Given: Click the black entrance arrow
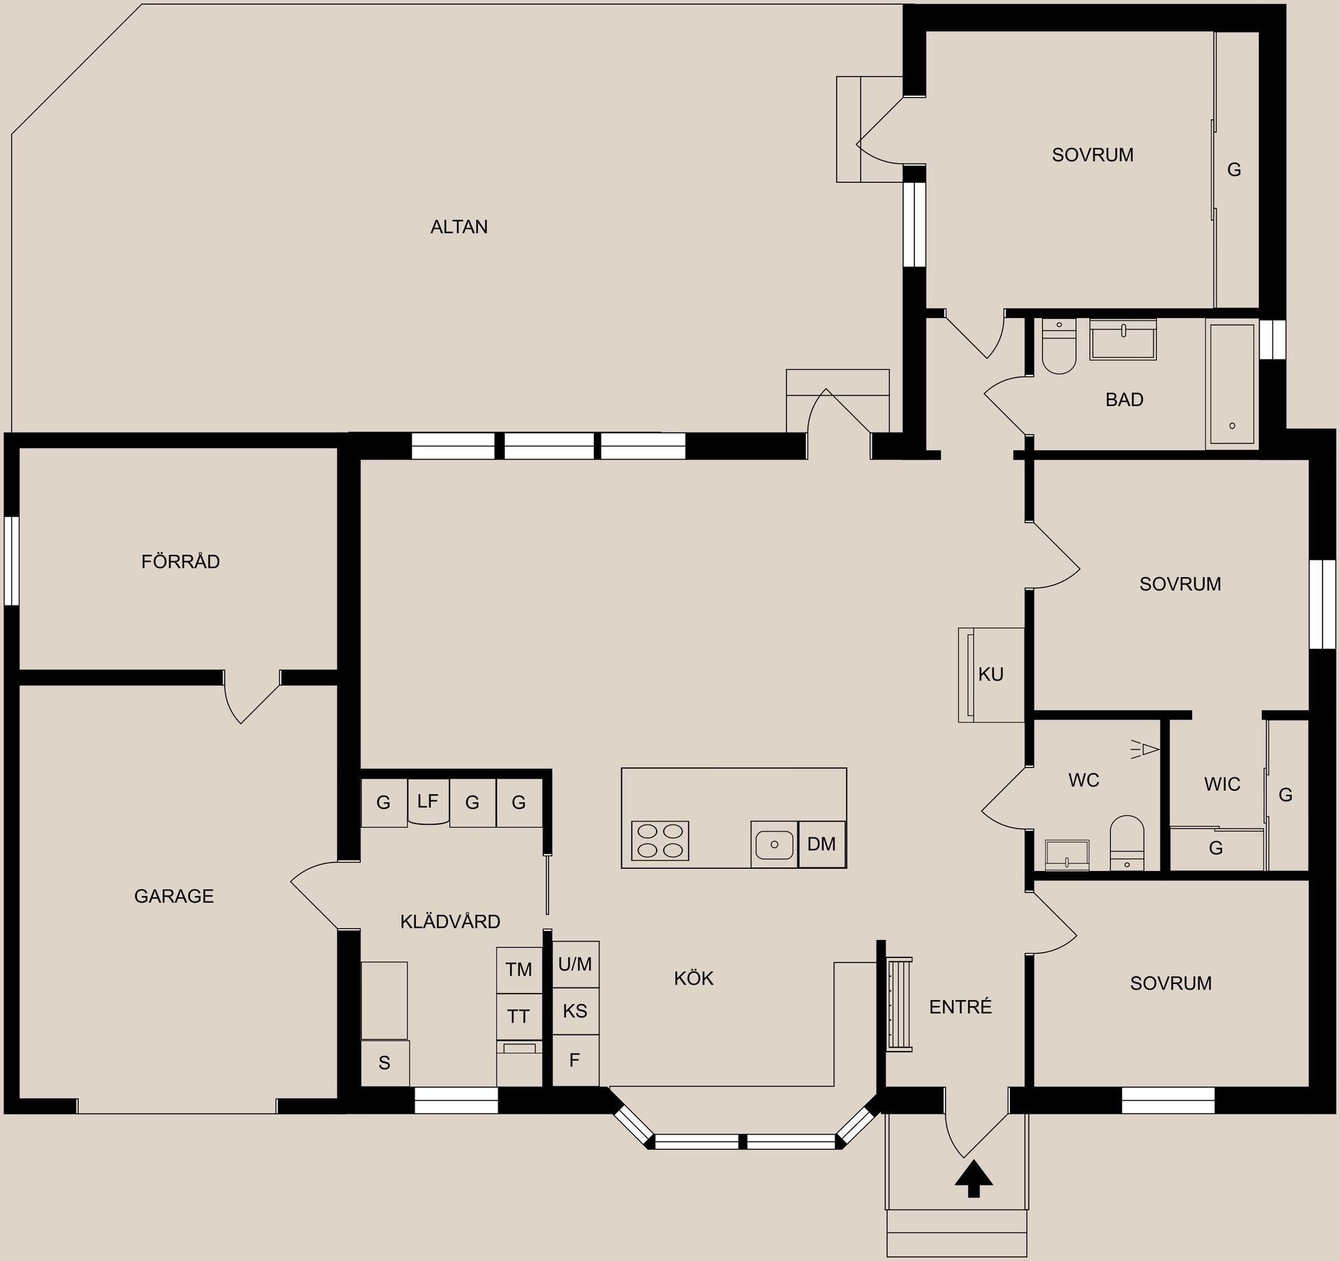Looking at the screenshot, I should [973, 1179].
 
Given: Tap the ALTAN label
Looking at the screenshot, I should [459, 227].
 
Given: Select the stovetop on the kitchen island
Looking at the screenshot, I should [660, 841].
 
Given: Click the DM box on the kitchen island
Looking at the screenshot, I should [821, 844].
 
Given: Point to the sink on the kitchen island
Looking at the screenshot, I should [773, 844].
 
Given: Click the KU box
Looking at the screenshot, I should [991, 675].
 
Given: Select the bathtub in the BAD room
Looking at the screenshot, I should [1232, 384].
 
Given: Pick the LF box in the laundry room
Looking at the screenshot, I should [428, 802].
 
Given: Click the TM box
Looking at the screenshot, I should [519, 969].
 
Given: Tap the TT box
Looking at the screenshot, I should [519, 1017].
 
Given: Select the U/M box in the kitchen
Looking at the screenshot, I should [575, 964].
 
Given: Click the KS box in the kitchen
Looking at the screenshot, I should [575, 1011].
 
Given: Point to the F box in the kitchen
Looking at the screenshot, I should [575, 1060].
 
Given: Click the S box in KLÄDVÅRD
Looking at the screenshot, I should [385, 1063].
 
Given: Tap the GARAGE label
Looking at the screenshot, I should [174, 896].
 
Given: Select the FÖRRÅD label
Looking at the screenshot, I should [180, 562].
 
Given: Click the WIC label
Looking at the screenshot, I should [1222, 784].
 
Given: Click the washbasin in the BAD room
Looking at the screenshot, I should [1123, 341].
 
